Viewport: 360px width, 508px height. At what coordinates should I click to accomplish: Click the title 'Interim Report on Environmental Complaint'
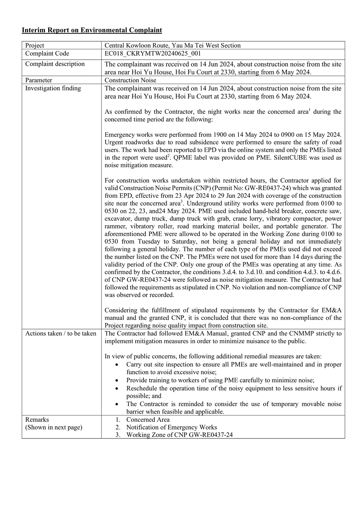(x=92, y=30)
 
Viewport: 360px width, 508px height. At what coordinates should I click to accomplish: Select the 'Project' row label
(x=34, y=45)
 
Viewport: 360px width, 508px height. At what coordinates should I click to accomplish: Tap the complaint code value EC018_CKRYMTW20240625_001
(x=153, y=54)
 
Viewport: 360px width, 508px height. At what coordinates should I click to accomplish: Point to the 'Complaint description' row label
(x=55, y=64)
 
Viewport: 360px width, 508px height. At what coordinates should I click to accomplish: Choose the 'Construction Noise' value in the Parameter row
(x=131, y=80)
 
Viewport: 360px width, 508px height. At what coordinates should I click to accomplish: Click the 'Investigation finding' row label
(x=53, y=88)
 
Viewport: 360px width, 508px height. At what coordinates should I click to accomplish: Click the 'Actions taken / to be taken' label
(x=61, y=333)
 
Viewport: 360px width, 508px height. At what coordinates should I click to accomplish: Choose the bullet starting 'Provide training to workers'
(x=220, y=380)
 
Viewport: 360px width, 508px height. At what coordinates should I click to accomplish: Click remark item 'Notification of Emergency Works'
(x=171, y=427)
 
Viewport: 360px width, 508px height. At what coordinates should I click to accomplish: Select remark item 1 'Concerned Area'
(x=148, y=420)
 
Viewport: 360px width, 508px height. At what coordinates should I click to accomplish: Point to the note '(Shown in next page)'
(x=54, y=427)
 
